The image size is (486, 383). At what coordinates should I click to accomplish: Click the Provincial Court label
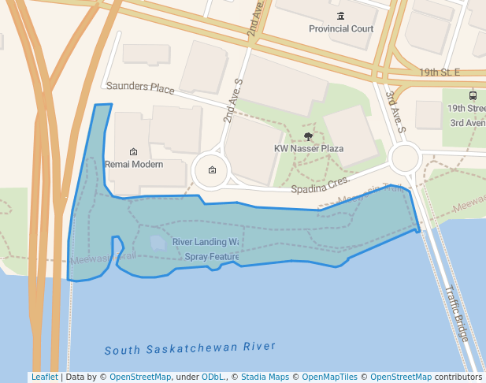pos(340,29)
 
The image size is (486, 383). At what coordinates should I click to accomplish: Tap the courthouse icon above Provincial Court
pos(340,17)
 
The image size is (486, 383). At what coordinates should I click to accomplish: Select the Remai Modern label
pos(134,165)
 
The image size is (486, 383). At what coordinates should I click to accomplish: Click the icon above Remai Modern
pos(133,151)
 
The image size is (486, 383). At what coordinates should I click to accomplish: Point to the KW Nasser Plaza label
pos(308,148)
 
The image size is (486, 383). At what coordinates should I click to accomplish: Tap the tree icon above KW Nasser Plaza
pos(308,136)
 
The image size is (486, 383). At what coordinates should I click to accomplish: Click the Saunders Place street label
pos(139,87)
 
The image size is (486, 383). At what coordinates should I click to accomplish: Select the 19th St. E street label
pos(439,73)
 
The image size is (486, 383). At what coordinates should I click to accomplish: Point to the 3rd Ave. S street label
pos(395,111)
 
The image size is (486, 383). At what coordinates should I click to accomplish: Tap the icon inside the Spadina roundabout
pos(212,170)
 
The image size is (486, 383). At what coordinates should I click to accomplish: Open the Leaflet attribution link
pos(44,377)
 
